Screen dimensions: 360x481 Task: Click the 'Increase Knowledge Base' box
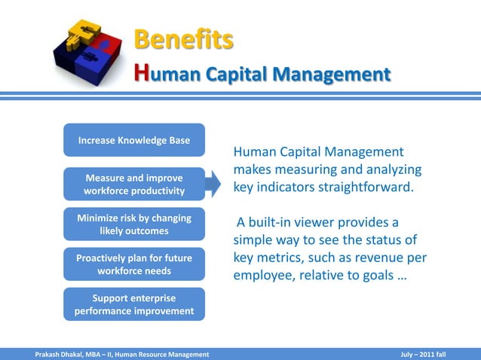pos(134,140)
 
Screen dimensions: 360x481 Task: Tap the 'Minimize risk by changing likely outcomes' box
pos(134,224)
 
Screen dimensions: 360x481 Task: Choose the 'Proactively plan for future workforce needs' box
pos(134,264)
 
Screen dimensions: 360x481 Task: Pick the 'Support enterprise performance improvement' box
pos(134,304)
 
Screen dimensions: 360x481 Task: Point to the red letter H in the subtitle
pos(140,74)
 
